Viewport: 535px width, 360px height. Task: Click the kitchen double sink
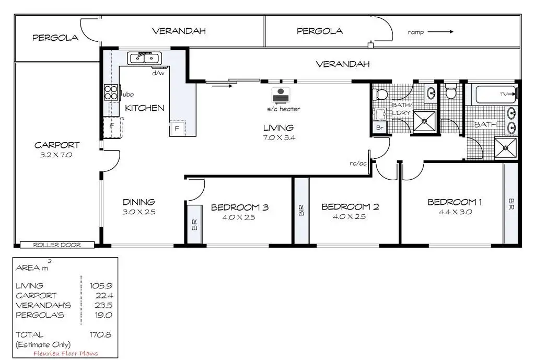(145, 57)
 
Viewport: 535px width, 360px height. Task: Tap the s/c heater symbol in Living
(280, 96)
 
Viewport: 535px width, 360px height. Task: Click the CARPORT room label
(57, 145)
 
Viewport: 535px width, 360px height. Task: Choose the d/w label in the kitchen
(158, 73)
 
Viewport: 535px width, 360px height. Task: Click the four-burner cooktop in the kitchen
(111, 92)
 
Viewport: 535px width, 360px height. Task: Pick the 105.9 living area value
(101, 286)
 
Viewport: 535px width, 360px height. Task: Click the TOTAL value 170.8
(101, 334)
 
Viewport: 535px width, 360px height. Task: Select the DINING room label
(138, 202)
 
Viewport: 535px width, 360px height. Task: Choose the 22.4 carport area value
(103, 296)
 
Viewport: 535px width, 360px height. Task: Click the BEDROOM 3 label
(240, 207)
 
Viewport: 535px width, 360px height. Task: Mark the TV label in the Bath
(505, 94)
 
